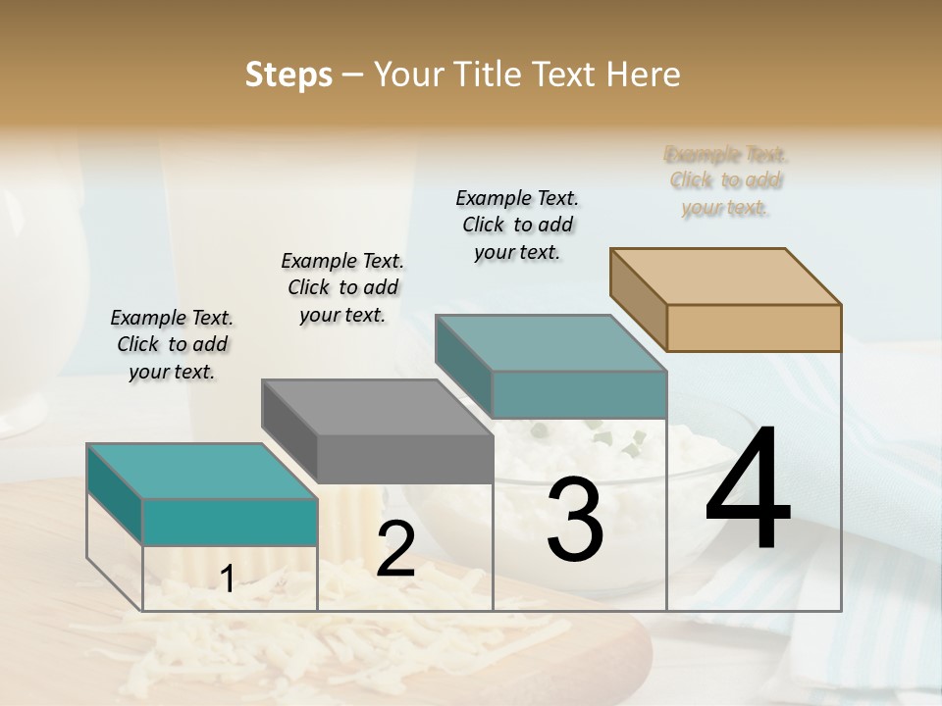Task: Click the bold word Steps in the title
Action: (x=288, y=75)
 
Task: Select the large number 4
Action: (x=748, y=490)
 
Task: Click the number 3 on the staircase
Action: (x=575, y=520)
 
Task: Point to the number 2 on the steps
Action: (x=395, y=549)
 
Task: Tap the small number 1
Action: (x=227, y=580)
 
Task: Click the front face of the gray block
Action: (x=405, y=459)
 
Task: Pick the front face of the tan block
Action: (x=754, y=328)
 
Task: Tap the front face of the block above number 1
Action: (x=230, y=522)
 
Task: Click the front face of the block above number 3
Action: (x=579, y=394)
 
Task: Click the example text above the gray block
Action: (x=342, y=287)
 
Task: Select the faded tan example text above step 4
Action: (x=726, y=180)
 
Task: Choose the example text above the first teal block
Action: (x=172, y=344)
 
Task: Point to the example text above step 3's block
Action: (x=517, y=225)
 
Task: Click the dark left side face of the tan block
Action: (x=638, y=298)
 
